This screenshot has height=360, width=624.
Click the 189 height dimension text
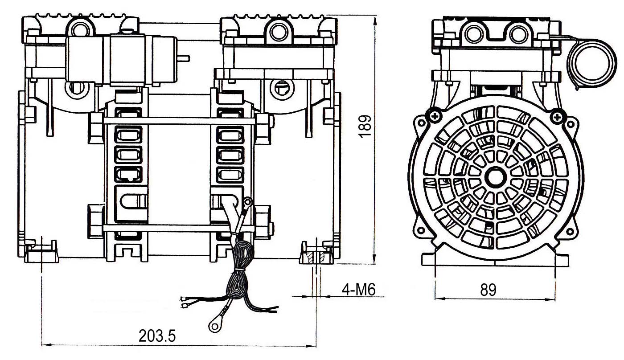point(365,127)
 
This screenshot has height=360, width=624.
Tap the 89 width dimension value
point(488,290)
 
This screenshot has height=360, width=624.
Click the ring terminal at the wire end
point(215,325)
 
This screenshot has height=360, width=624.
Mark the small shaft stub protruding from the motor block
point(184,58)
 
